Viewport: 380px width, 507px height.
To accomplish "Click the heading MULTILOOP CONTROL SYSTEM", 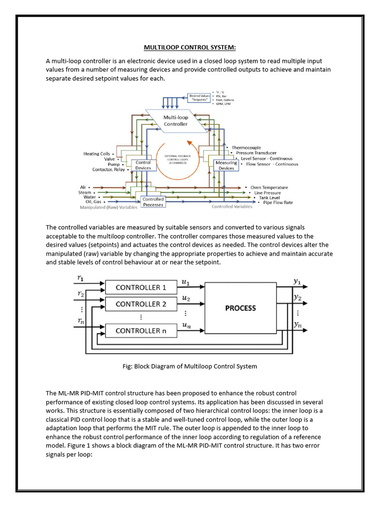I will [x=190, y=48].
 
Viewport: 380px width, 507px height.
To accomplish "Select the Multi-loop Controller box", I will [x=176, y=121].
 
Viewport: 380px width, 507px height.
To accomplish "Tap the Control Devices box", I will [x=143, y=165].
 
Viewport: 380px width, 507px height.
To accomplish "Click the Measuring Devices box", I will [x=226, y=165].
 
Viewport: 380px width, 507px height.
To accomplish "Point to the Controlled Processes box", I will [x=153, y=202].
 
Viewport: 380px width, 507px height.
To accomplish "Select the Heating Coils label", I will [x=97, y=154].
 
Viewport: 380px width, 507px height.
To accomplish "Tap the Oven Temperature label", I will [x=269, y=188].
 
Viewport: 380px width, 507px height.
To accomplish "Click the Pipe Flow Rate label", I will [x=278, y=202].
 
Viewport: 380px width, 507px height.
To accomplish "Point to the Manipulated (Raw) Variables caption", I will [x=108, y=207].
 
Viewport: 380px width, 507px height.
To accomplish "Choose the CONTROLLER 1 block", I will [x=141, y=287].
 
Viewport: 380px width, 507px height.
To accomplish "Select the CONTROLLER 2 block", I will [x=141, y=304].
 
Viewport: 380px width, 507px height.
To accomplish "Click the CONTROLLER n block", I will [x=141, y=331].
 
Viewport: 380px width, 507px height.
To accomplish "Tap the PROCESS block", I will [x=240, y=308].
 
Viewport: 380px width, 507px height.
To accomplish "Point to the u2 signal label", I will [x=186, y=299].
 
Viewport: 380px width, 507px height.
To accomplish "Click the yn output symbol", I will [x=297, y=325].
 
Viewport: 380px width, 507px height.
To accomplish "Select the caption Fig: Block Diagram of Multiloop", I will [x=190, y=366].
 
